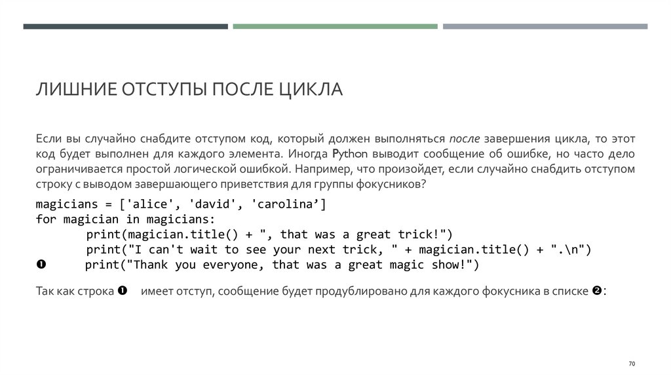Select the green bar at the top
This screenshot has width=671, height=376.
click(335, 26)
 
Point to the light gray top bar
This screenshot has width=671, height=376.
click(545, 26)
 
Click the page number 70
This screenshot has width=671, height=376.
click(632, 364)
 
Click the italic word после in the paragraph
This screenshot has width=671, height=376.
click(465, 140)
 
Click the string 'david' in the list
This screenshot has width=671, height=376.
click(210, 204)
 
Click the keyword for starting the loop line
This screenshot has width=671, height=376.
click(46, 219)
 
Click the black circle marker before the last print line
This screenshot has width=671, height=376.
click(41, 265)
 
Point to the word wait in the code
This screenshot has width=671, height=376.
click(200, 250)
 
